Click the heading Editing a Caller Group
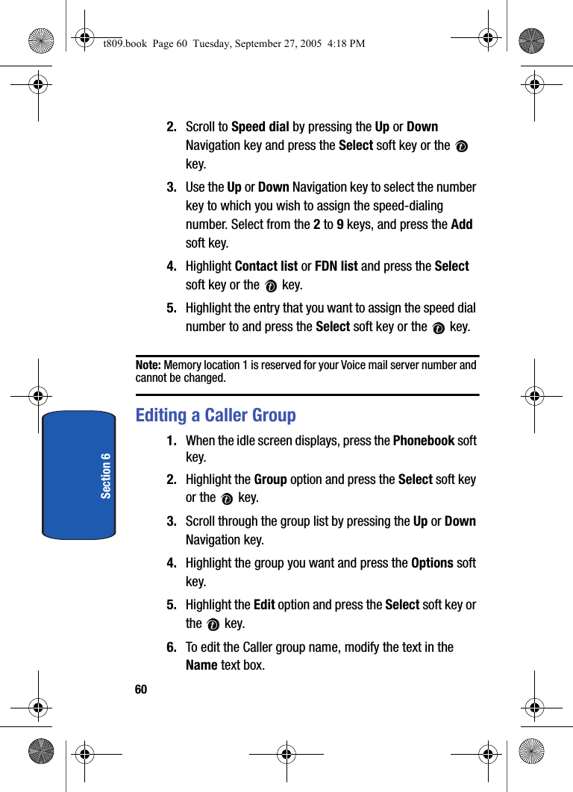[216, 415]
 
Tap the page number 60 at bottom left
[141, 690]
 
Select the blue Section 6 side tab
[79, 474]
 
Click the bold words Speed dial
[260, 127]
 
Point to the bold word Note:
[148, 365]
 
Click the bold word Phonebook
[423, 440]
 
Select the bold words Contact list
[266, 266]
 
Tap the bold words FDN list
[336, 266]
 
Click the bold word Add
[462, 224]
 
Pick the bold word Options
[432, 563]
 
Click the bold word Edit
[264, 605]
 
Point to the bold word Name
[201, 664]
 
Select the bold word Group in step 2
[271, 480]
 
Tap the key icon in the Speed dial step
[461, 147]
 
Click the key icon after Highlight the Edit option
[213, 625]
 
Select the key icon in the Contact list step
[271, 286]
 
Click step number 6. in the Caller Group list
[172, 647]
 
